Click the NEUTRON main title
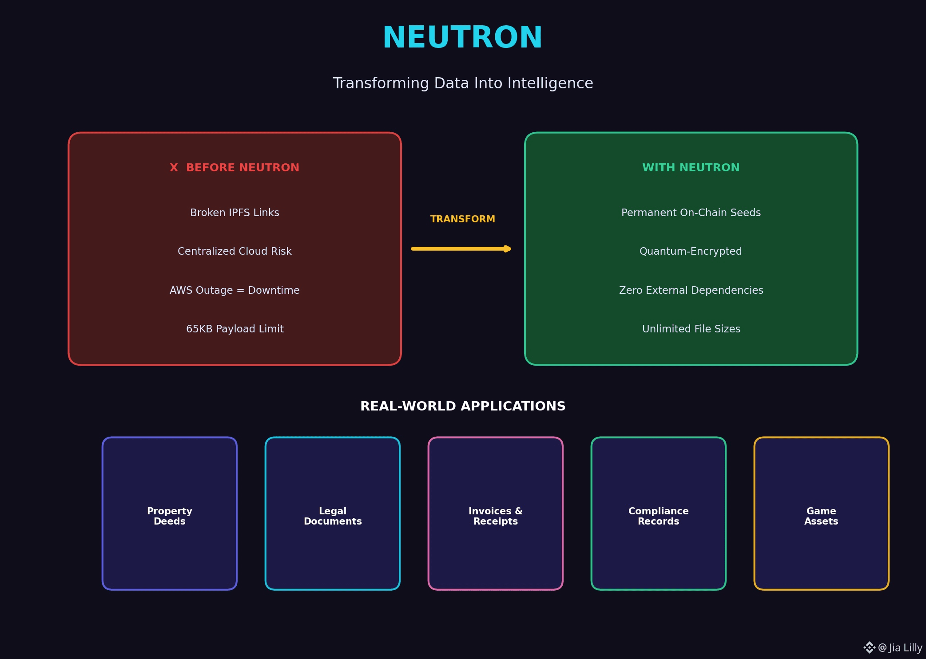point(462,37)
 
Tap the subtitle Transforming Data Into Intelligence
point(463,83)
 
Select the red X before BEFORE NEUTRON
point(174,168)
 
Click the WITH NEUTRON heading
point(691,168)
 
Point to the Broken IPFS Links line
point(234,213)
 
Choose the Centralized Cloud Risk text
point(234,251)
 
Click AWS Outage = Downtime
point(234,290)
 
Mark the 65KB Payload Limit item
point(234,329)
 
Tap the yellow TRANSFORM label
point(462,219)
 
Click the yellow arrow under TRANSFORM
point(461,249)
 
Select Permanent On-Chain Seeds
point(691,213)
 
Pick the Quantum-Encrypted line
point(691,251)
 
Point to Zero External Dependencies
point(691,290)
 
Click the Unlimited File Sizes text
point(691,329)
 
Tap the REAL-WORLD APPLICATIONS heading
point(463,406)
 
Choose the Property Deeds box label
point(170,516)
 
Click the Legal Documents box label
point(333,516)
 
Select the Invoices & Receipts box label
point(496,516)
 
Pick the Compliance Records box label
point(658,516)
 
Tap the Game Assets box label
point(821,516)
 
